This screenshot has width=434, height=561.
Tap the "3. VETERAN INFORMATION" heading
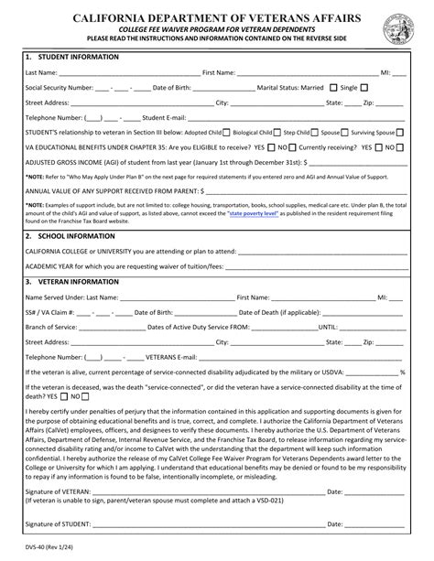[x=73, y=282]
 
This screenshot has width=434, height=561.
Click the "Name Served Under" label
[x=59, y=297]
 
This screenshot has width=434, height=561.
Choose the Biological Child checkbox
[x=277, y=132]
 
